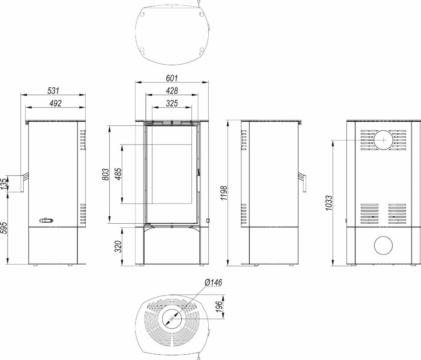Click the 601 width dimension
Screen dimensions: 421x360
pos(172,78)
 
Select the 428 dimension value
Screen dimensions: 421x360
pos(172,91)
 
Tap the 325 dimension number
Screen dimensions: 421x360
pos(172,103)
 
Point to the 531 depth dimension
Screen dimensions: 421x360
pos(53,91)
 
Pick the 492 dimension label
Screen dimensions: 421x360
pos(55,103)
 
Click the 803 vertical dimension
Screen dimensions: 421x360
pos(106,174)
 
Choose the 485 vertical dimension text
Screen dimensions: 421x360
pos(118,174)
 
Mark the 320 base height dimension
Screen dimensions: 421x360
pos(118,247)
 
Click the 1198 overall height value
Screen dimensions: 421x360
pos(224,193)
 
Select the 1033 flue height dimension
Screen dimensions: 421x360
pos(329,203)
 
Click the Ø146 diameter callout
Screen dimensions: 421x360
pos(214,283)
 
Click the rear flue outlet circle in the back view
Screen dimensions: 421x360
pos(383,140)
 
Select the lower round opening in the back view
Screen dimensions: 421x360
pos(383,245)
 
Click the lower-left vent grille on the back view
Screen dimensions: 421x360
pos(370,214)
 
